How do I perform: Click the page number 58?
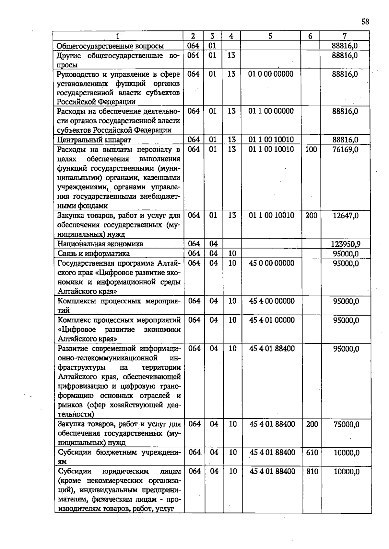tap(365, 22)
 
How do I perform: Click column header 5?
tap(270, 36)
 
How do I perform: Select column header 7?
tap(345, 36)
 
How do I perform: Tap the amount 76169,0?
tap(345, 150)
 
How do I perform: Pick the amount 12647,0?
tap(346, 216)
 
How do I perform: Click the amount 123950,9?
tap(346, 244)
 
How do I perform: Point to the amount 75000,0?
tap(346, 424)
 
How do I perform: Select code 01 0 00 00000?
tap(271, 74)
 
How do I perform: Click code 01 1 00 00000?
tap(271, 111)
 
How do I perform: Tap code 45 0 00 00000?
tap(272, 263)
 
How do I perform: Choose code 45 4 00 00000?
tap(272, 301)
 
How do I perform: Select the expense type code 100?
tap(311, 150)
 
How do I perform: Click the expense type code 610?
tap(312, 453)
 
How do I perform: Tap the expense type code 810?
tap(312, 472)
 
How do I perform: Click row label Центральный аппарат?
tap(94, 140)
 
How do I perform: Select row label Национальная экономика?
tap(100, 244)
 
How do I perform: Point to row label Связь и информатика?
tap(94, 253)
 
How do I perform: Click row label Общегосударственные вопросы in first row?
tap(110, 46)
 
